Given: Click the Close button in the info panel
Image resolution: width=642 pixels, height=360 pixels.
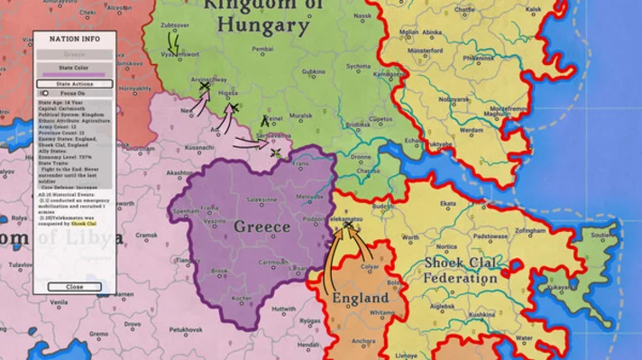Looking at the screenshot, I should (74, 287).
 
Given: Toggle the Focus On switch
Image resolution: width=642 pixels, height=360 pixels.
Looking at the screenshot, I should (44, 93).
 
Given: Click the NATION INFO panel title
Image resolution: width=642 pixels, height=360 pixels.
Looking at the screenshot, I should (74, 40).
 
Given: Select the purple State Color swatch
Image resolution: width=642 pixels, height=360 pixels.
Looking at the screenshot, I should (74, 74).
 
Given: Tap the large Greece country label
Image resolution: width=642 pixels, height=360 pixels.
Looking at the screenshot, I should (261, 226).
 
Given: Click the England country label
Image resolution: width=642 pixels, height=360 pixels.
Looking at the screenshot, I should (361, 298).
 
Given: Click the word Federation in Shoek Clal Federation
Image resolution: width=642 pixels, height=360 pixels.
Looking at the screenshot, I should (460, 278).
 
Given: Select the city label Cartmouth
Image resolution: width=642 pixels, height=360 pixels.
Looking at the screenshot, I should (274, 263).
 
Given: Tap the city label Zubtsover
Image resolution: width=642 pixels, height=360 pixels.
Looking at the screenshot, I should (175, 26).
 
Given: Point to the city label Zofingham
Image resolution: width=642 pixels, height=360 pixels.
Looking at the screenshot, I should (537, 231).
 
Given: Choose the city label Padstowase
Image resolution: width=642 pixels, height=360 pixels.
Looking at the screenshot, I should (491, 236).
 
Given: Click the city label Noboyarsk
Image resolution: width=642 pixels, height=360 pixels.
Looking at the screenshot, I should (454, 98).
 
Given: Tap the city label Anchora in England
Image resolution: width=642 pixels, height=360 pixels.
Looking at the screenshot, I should (364, 340).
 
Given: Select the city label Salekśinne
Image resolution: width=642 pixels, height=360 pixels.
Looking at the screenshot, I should (262, 198).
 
